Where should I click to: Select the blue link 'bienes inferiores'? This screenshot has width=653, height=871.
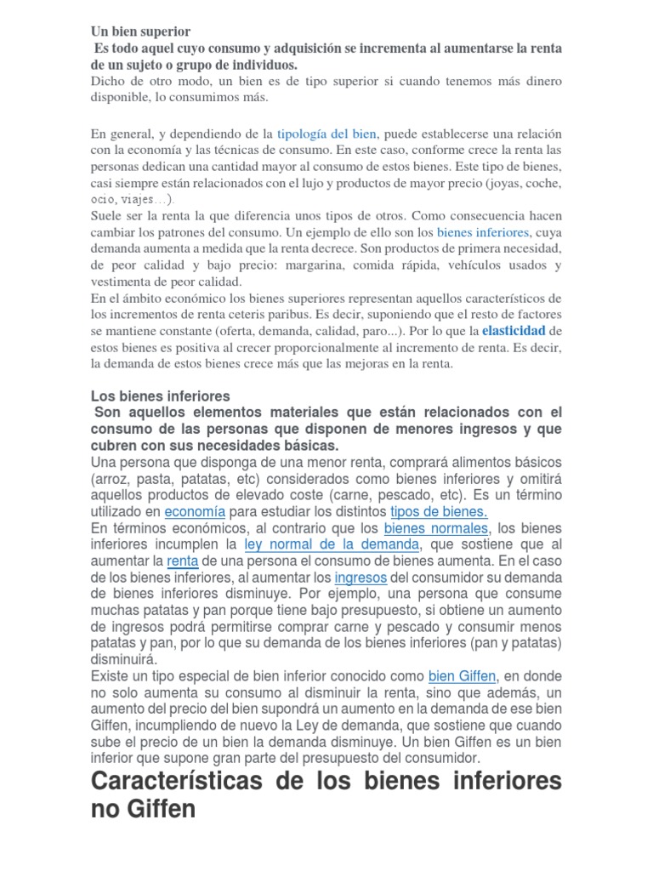482,232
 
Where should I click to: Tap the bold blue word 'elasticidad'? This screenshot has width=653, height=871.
514,330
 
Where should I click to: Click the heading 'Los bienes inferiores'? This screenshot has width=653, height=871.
161,396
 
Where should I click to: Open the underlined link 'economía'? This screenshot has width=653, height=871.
195,511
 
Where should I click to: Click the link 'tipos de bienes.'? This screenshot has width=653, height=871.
439,511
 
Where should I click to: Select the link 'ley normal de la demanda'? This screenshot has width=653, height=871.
332,544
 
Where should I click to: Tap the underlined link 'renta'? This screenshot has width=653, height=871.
182,561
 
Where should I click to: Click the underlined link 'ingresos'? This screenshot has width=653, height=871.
361,577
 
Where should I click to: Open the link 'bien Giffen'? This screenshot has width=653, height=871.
462,676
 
